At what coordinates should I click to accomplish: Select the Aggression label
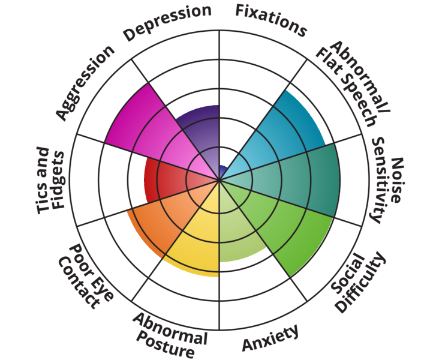coord(85,82)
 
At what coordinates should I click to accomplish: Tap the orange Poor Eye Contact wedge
coord(156,222)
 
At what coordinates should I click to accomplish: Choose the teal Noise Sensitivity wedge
coord(300,180)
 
